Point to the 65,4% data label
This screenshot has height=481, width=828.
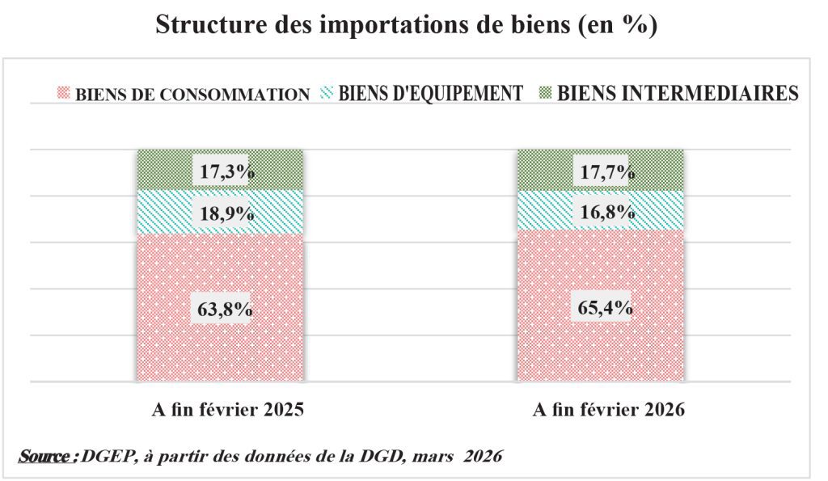pos(601,308)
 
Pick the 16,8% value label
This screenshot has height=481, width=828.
pos(601,213)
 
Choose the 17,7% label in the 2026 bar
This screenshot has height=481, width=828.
pos(601,171)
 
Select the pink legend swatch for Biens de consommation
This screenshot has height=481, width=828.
pos(65,93)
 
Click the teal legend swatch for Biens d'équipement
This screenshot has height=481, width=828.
pos(327,93)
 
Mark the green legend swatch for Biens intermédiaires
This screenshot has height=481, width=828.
pos(547,93)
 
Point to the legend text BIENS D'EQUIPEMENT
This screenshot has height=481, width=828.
pos(430,93)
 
